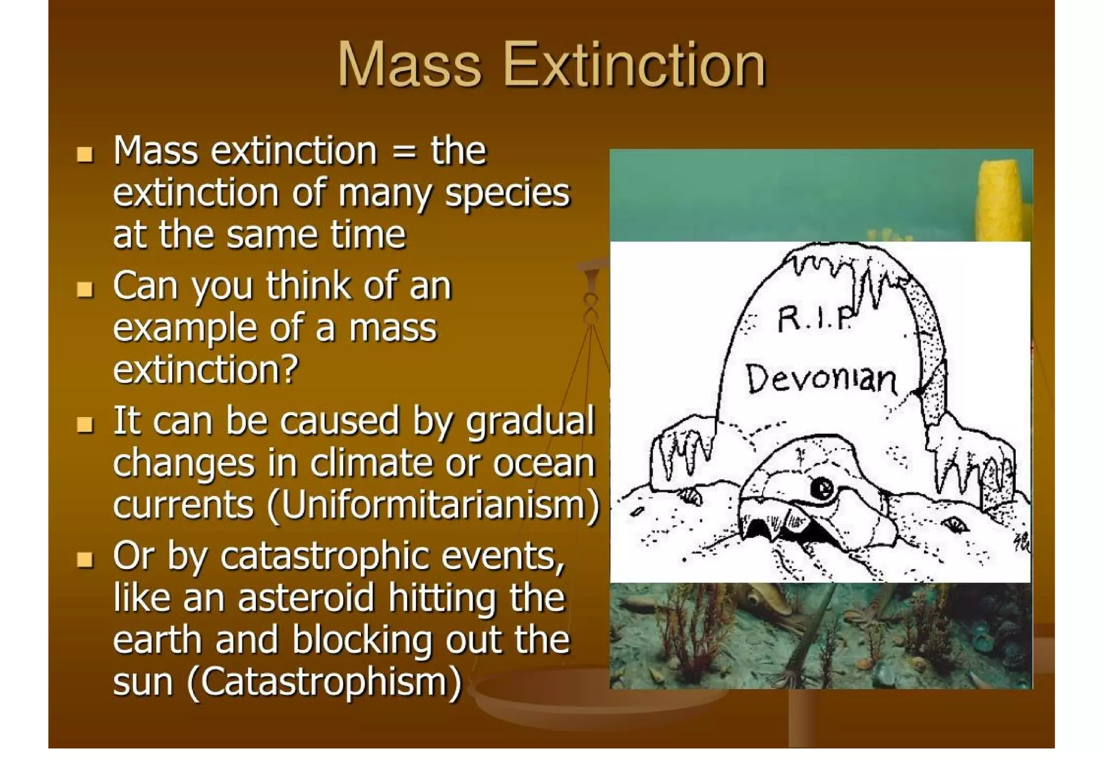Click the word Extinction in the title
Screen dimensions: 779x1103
click(x=634, y=66)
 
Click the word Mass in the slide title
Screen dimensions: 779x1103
click(x=409, y=66)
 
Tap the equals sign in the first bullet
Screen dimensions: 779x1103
click(x=403, y=151)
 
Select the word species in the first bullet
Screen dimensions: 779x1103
click(x=507, y=193)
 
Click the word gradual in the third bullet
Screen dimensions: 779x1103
click(x=530, y=421)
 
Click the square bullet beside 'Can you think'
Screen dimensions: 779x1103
click(x=85, y=290)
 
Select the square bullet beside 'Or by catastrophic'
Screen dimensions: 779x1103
click(x=85, y=560)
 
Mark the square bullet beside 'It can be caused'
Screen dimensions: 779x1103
click(x=85, y=425)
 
